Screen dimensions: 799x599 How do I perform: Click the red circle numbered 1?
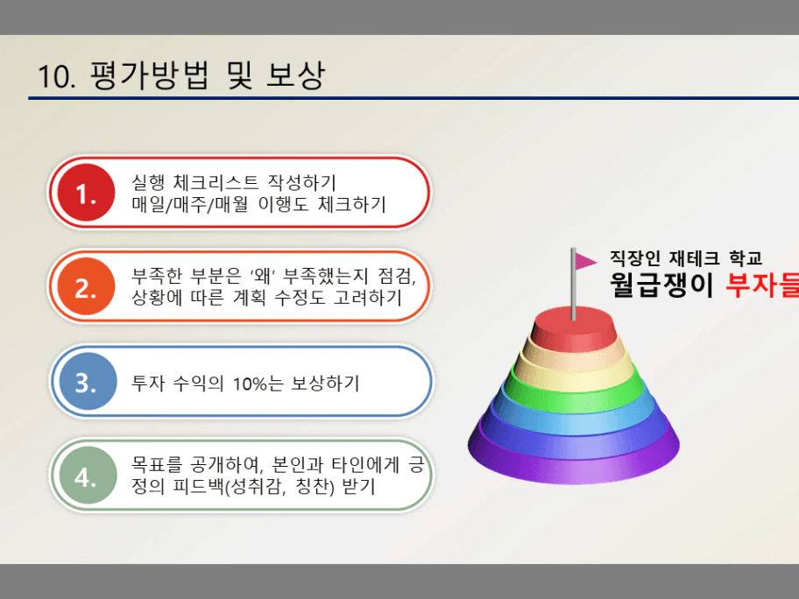click(86, 193)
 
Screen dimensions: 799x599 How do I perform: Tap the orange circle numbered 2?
click(86, 286)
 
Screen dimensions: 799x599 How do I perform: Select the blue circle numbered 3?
click(88, 381)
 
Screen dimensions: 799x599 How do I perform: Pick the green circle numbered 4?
click(88, 475)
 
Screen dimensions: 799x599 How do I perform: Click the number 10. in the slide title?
click(57, 76)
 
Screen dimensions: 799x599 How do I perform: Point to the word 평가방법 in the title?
click(150, 75)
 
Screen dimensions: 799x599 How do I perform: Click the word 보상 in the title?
click(295, 75)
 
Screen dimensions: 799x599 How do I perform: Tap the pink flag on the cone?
click(585, 261)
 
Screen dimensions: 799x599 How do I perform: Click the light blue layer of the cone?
click(573, 415)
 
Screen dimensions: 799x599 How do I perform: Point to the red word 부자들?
click(762, 285)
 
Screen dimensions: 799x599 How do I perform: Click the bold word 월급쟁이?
click(661, 285)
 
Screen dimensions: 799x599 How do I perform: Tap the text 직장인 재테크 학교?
click(686, 258)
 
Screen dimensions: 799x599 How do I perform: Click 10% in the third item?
click(251, 384)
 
